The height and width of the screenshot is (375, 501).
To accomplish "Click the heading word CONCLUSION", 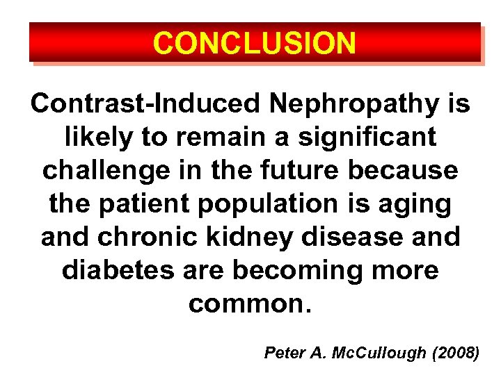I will pos(255,43).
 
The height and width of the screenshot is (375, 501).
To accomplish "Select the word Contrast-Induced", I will pos(145,104).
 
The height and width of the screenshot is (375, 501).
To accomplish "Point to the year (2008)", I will pos(455,353).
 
